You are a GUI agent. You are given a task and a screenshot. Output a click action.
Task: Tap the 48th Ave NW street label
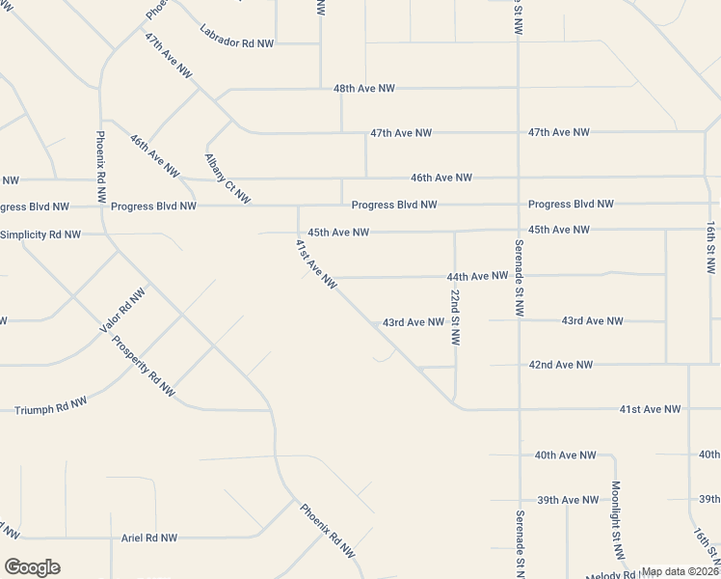click(364, 88)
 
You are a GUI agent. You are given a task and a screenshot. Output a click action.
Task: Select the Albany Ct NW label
click(227, 179)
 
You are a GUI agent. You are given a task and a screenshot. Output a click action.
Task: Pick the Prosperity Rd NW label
click(143, 366)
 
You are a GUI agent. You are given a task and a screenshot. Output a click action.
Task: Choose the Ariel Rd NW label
click(149, 538)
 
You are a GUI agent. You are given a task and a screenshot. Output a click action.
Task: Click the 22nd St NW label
click(455, 317)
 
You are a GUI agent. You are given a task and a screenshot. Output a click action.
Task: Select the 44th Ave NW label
click(477, 276)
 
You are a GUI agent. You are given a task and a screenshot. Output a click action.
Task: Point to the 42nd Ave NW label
click(560, 365)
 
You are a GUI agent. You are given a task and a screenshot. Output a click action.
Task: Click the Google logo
click(32, 567)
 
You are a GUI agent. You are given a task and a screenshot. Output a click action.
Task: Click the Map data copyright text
click(681, 571)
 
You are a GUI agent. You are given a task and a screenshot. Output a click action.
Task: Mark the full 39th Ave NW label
click(568, 500)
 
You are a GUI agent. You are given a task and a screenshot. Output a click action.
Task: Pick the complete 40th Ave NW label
click(566, 455)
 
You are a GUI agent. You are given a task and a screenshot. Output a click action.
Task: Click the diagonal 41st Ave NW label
click(316, 263)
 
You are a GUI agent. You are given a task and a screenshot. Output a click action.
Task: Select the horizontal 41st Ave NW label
click(650, 409)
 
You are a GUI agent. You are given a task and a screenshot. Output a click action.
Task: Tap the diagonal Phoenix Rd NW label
click(328, 529)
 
